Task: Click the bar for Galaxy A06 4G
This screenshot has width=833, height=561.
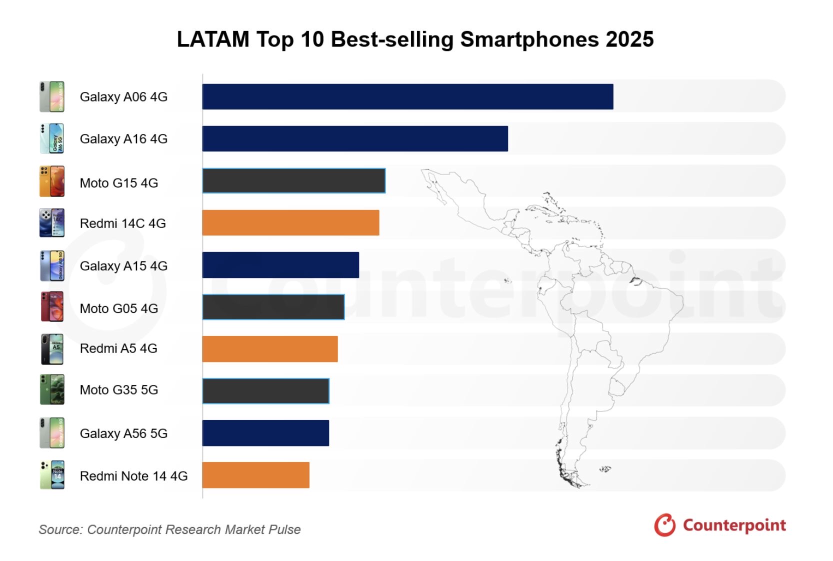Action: click(407, 96)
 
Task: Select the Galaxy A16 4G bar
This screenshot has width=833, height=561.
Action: click(355, 138)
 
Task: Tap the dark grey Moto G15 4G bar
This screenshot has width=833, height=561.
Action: click(294, 181)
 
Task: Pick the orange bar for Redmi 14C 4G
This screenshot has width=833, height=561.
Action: click(290, 223)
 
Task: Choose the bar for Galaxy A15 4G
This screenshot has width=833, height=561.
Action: click(280, 265)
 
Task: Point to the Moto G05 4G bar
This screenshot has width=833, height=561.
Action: click(273, 307)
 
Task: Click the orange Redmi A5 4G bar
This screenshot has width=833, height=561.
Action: click(270, 349)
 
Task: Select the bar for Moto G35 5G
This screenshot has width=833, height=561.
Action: click(266, 391)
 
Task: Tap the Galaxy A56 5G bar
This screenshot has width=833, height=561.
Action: click(265, 433)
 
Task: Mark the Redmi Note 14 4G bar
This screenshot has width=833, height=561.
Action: click(255, 475)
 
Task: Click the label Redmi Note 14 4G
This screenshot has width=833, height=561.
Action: click(133, 476)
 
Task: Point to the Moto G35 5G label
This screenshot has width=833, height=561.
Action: click(118, 390)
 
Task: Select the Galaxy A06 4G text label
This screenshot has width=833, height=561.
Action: click(123, 97)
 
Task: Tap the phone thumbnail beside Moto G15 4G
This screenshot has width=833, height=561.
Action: click(52, 181)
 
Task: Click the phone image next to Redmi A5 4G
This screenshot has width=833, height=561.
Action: click(52, 349)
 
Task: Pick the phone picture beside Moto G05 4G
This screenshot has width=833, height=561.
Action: click(52, 306)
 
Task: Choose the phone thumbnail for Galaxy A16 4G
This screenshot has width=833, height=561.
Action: click(52, 138)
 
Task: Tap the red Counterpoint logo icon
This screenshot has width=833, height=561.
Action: click(665, 525)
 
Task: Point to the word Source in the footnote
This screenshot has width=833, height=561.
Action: click(59, 529)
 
